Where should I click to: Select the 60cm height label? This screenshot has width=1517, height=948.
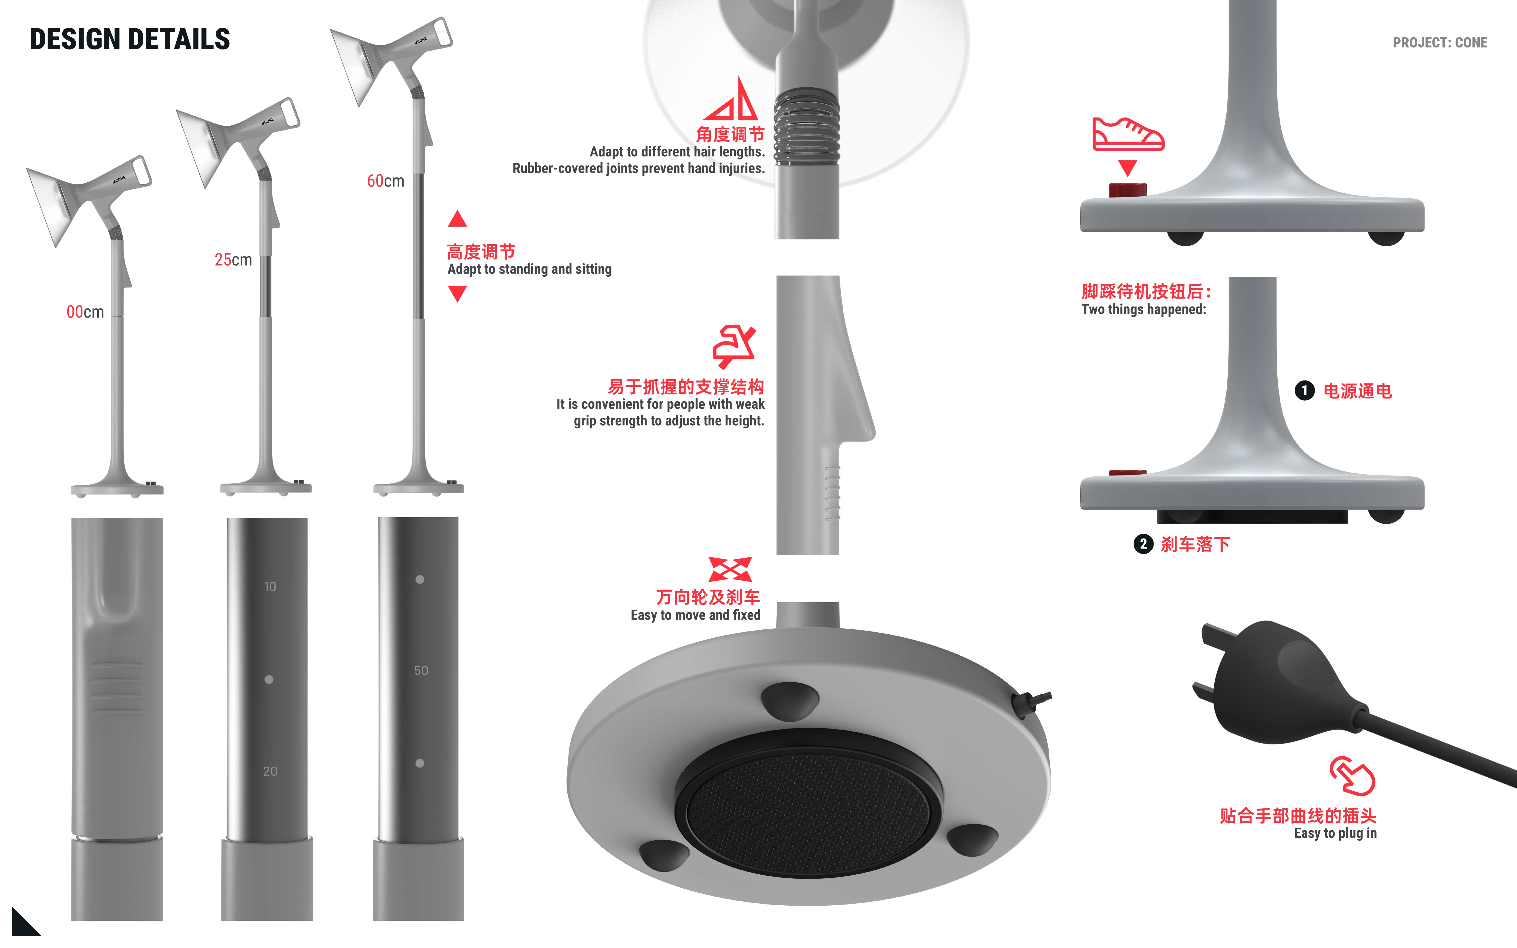pos(385,181)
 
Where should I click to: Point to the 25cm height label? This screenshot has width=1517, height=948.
pos(233,260)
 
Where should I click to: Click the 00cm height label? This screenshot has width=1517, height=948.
pos(85,312)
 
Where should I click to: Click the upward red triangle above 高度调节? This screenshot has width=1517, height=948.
pos(457,219)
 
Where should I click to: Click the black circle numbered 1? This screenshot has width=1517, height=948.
pos(1304,391)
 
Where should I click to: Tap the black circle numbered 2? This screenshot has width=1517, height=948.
pos(1143,544)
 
